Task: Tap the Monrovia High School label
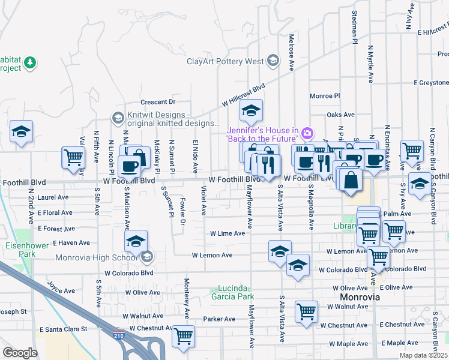tap(105, 258)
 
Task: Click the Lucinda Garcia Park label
tap(232, 292)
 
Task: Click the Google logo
tap(20, 353)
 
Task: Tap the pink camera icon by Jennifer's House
tap(307, 133)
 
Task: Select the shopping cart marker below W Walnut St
tap(306, 311)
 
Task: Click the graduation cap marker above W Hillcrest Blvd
tap(251, 110)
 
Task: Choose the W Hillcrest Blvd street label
tap(243, 95)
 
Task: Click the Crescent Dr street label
tap(158, 102)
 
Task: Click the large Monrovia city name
tap(360, 297)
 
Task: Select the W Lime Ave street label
tap(228, 233)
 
